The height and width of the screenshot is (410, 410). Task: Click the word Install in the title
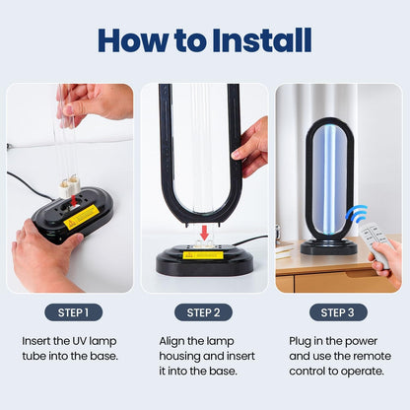(x=250, y=39)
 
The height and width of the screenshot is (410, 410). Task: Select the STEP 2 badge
(x=204, y=312)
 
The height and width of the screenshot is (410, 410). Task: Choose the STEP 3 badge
(x=338, y=312)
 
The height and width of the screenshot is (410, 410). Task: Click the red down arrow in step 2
(x=203, y=232)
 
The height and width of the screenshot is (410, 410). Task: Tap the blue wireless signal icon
(x=355, y=214)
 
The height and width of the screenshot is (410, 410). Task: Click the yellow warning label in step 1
(x=81, y=218)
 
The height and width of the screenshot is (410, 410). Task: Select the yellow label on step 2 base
(x=203, y=254)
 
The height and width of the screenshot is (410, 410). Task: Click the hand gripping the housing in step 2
(x=252, y=145)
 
